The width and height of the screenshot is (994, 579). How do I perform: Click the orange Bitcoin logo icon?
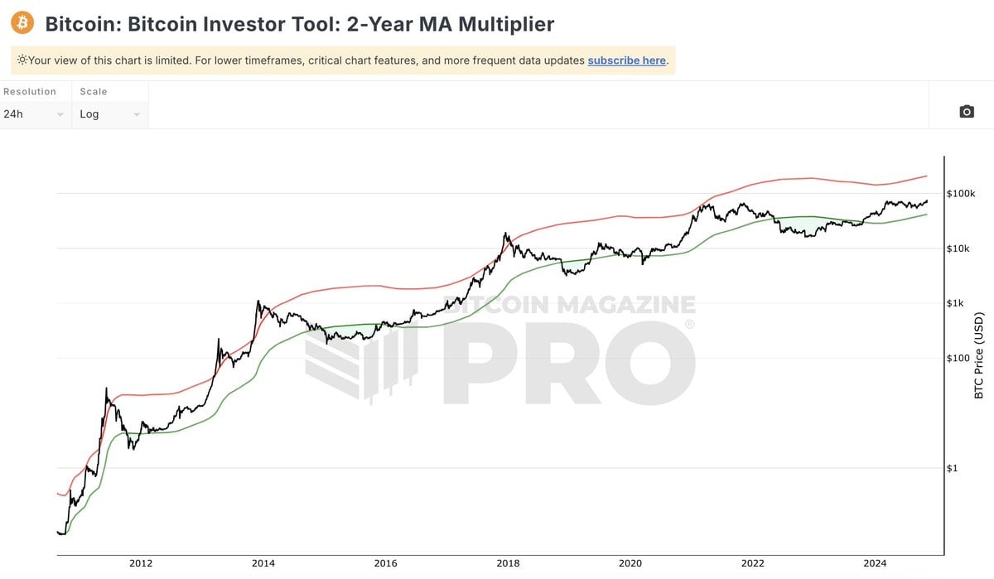22,22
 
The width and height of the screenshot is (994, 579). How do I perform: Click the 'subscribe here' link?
626,60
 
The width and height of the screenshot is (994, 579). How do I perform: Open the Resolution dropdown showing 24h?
34,114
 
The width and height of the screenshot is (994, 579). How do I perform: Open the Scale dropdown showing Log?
110,114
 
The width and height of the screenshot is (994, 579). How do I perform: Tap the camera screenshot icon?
966,112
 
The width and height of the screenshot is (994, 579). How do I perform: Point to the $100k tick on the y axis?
963,194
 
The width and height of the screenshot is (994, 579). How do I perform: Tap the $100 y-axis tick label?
959,359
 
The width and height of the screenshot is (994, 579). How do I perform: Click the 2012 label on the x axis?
141,564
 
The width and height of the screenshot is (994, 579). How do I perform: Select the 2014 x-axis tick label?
263,564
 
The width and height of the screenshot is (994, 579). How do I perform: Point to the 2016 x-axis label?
386,564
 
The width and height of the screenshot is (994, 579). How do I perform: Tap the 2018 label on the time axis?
508,564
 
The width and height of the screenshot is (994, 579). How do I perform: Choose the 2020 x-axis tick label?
630,564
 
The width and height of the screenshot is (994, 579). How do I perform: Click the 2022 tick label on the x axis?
753,564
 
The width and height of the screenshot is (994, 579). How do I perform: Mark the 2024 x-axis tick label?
875,564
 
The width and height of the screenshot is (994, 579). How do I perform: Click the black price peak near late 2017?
505,234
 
